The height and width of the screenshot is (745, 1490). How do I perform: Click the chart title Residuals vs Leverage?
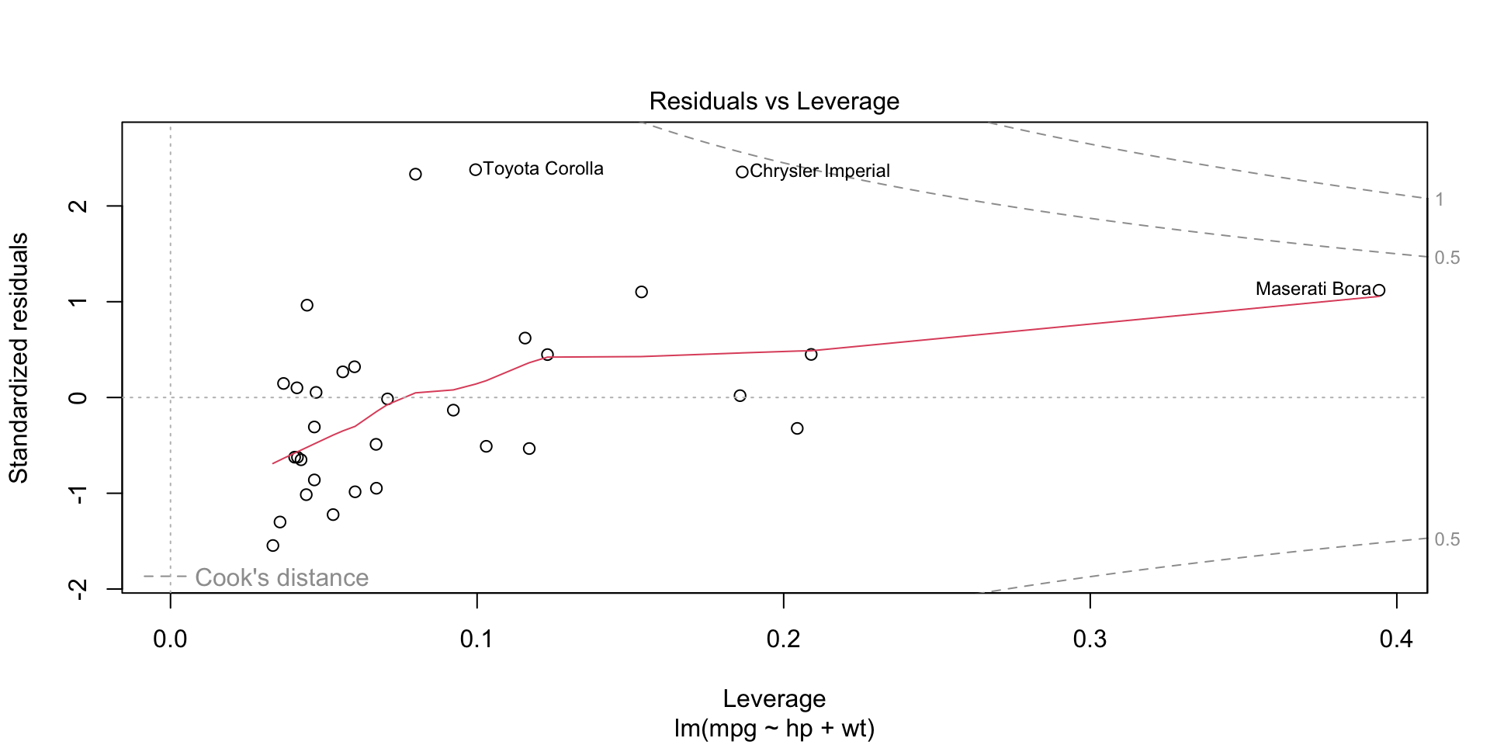774,102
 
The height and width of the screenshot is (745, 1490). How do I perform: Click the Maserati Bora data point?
1378,290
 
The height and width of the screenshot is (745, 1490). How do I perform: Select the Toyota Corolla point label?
542,169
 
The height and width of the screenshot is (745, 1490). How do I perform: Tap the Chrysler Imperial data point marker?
742,172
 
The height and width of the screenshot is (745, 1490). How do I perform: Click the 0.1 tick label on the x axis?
476,639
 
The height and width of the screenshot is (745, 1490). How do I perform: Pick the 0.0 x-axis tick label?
170,639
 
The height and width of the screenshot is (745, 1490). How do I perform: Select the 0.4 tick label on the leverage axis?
1396,639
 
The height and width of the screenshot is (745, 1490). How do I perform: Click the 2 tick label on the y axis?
78,206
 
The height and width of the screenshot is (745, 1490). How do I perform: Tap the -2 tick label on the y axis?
78,589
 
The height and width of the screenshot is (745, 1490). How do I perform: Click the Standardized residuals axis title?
19,358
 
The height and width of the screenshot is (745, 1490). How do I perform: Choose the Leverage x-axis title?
774,698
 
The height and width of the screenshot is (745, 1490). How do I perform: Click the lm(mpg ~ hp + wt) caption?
774,729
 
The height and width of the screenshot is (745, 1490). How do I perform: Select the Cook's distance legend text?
281,577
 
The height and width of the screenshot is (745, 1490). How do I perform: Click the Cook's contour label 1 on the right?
1439,199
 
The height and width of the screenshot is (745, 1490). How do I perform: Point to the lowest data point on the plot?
272,546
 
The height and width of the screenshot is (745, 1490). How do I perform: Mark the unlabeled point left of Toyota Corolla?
415,174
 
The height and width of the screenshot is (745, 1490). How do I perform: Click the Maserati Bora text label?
1312,289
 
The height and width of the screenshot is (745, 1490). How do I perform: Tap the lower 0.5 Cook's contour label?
1447,539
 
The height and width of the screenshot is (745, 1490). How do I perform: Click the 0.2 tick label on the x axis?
783,639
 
